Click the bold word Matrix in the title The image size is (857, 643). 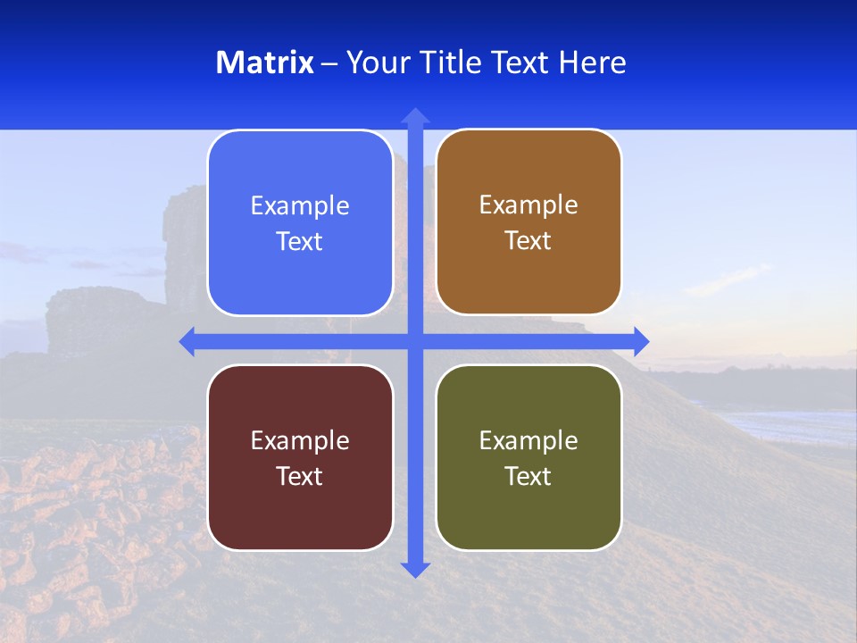coord(265,63)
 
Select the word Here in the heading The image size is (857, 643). coord(592,63)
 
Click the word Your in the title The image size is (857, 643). coord(374,63)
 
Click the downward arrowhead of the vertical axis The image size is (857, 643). coord(415,569)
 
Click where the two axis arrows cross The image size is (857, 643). coord(415,341)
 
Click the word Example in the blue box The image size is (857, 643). coord(300,206)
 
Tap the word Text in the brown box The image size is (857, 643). coord(528,241)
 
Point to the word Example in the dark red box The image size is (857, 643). coord(300,441)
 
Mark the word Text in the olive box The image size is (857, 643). coord(528,477)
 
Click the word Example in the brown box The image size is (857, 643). coord(528,205)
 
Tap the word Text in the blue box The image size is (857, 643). coord(300,242)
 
